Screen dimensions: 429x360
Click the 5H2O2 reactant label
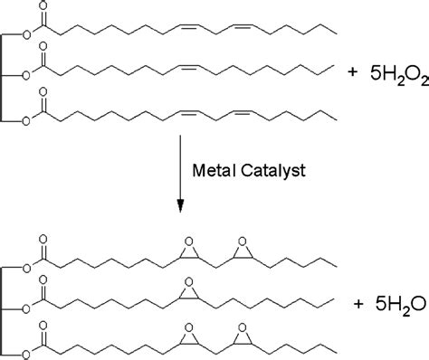(399, 75)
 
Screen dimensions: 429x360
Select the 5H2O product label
(401, 305)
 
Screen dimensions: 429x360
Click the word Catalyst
(273, 171)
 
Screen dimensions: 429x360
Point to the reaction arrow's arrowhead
(180, 206)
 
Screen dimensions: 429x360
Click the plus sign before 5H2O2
(352, 72)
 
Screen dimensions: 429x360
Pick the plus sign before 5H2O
(358, 304)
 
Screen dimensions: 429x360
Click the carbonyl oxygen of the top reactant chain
(43, 6)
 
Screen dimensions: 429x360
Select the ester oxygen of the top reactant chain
(27, 35)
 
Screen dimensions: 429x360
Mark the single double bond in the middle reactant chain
(189, 67)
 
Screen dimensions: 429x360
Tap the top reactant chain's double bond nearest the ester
(189, 27)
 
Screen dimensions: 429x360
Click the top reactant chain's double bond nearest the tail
(243, 27)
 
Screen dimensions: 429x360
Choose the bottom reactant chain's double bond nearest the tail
(243, 113)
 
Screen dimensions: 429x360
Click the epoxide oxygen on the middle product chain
(189, 282)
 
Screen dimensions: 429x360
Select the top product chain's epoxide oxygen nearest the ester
(189, 242)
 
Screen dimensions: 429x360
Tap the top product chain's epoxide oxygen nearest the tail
(243, 242)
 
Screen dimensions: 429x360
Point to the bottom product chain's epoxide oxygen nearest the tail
(243, 328)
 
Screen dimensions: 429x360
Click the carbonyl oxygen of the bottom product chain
(43, 326)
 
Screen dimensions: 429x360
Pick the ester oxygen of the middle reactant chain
(27, 75)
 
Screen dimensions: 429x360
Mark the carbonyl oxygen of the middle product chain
(43, 280)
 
